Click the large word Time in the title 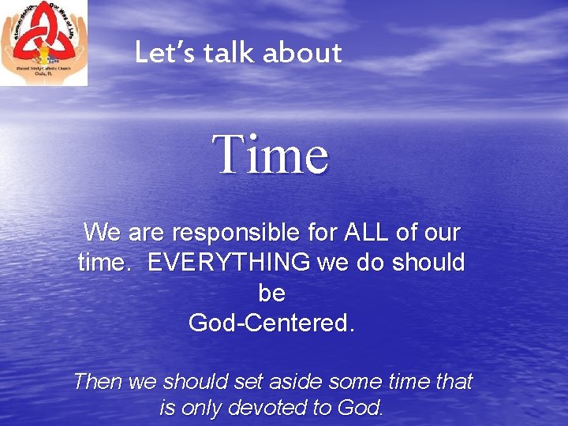pos(271,155)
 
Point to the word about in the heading pos(302,53)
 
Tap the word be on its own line pos(271,293)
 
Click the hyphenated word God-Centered pos(271,323)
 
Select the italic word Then pos(97,382)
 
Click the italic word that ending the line pos(453,382)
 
